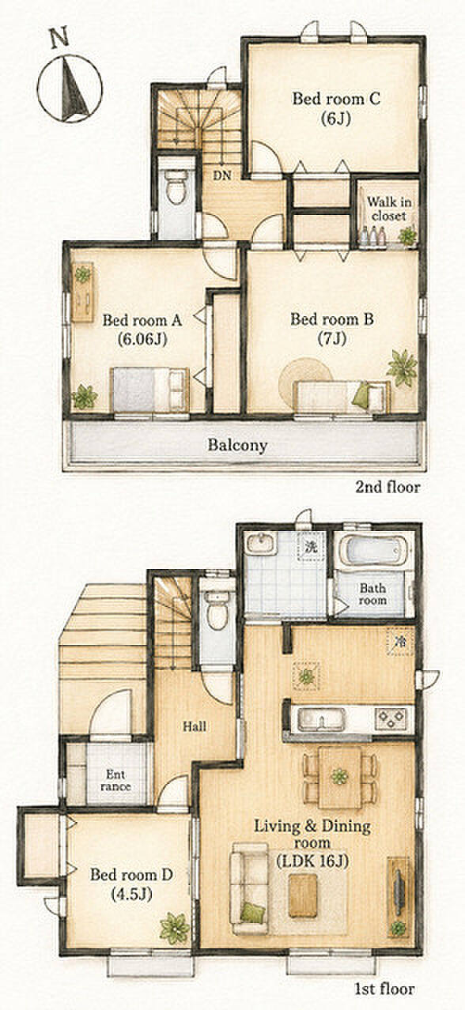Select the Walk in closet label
tap(389, 209)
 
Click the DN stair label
tap(222, 175)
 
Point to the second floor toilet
tap(176, 187)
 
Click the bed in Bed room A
tap(149, 390)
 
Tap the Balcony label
tap(237, 446)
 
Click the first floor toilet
tap(217, 610)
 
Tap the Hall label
tap(195, 726)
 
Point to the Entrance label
tap(116, 781)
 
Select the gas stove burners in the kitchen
tap(391, 718)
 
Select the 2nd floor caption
tap(387, 487)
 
